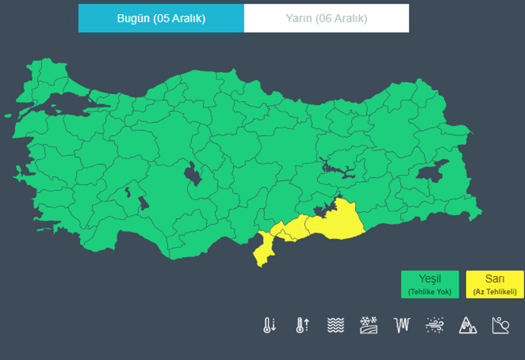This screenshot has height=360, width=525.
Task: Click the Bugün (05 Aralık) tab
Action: (161, 18)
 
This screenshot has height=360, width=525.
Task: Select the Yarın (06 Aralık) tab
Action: (326, 18)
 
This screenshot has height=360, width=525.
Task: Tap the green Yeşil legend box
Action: (430, 284)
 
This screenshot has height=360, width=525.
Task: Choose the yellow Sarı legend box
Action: (494, 284)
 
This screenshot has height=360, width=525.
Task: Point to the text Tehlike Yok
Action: (430, 292)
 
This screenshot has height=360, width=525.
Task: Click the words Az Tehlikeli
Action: (494, 292)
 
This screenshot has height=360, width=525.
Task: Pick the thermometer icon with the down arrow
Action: (270, 325)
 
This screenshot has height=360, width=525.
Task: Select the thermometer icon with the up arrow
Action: (302, 325)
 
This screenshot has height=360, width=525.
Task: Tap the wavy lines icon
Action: (336, 325)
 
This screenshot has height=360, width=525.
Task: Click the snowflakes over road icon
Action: (369, 325)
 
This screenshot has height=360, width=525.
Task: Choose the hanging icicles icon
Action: (402, 325)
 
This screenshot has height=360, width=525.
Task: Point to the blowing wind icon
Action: (435, 325)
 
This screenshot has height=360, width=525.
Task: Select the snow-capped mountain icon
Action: (468, 325)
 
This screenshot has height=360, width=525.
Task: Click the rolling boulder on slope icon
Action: (501, 325)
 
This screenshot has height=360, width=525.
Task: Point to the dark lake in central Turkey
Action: (193, 173)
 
